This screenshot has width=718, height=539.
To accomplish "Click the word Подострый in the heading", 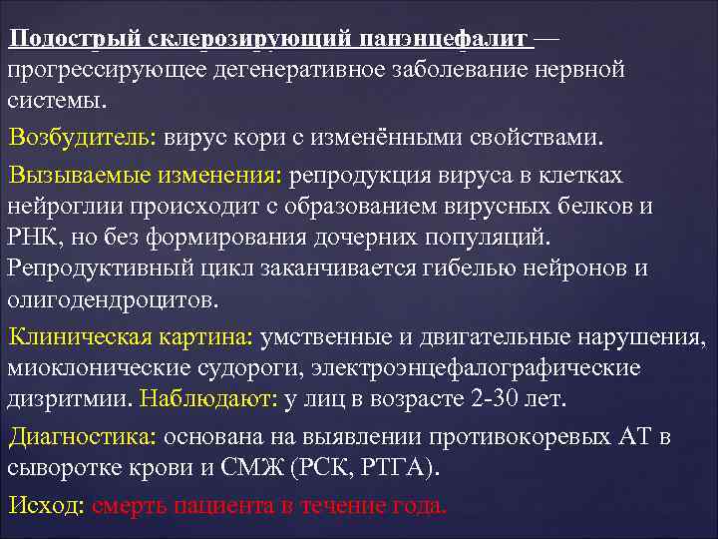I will pyautogui.click(x=76, y=39).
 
